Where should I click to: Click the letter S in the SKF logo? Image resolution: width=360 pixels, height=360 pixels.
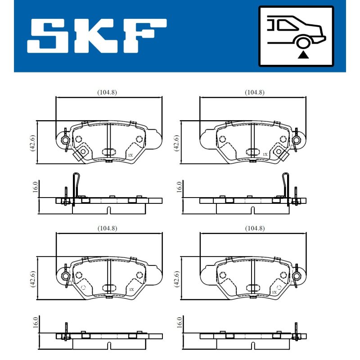tap(48, 36)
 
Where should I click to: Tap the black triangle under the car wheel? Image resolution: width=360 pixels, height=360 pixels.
tap(303, 55)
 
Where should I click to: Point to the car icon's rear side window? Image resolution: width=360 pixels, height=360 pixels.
tap(287, 25)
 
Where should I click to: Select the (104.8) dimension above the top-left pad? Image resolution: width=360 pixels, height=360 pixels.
tap(107, 92)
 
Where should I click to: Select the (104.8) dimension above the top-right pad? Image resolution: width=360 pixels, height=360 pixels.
tap(255, 92)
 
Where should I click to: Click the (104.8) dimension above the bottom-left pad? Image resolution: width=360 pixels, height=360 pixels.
tap(107, 229)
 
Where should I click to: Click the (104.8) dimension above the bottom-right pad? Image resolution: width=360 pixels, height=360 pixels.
tap(255, 229)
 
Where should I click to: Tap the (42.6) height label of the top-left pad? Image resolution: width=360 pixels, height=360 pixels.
tap(32, 143)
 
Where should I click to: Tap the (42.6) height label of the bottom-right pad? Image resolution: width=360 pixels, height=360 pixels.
tap(177, 279)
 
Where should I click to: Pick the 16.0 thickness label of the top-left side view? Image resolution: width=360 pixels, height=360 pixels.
tap(35, 187)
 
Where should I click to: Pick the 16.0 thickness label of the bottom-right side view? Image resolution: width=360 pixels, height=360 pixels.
tap(179, 322)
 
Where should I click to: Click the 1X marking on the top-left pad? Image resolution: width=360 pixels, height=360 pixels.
tap(130, 155)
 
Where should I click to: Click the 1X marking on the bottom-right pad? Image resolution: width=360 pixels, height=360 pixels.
tap(274, 292)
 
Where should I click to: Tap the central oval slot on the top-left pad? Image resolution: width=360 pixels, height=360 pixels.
tap(109, 152)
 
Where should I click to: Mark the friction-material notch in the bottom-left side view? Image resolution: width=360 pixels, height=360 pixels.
tap(109, 345)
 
